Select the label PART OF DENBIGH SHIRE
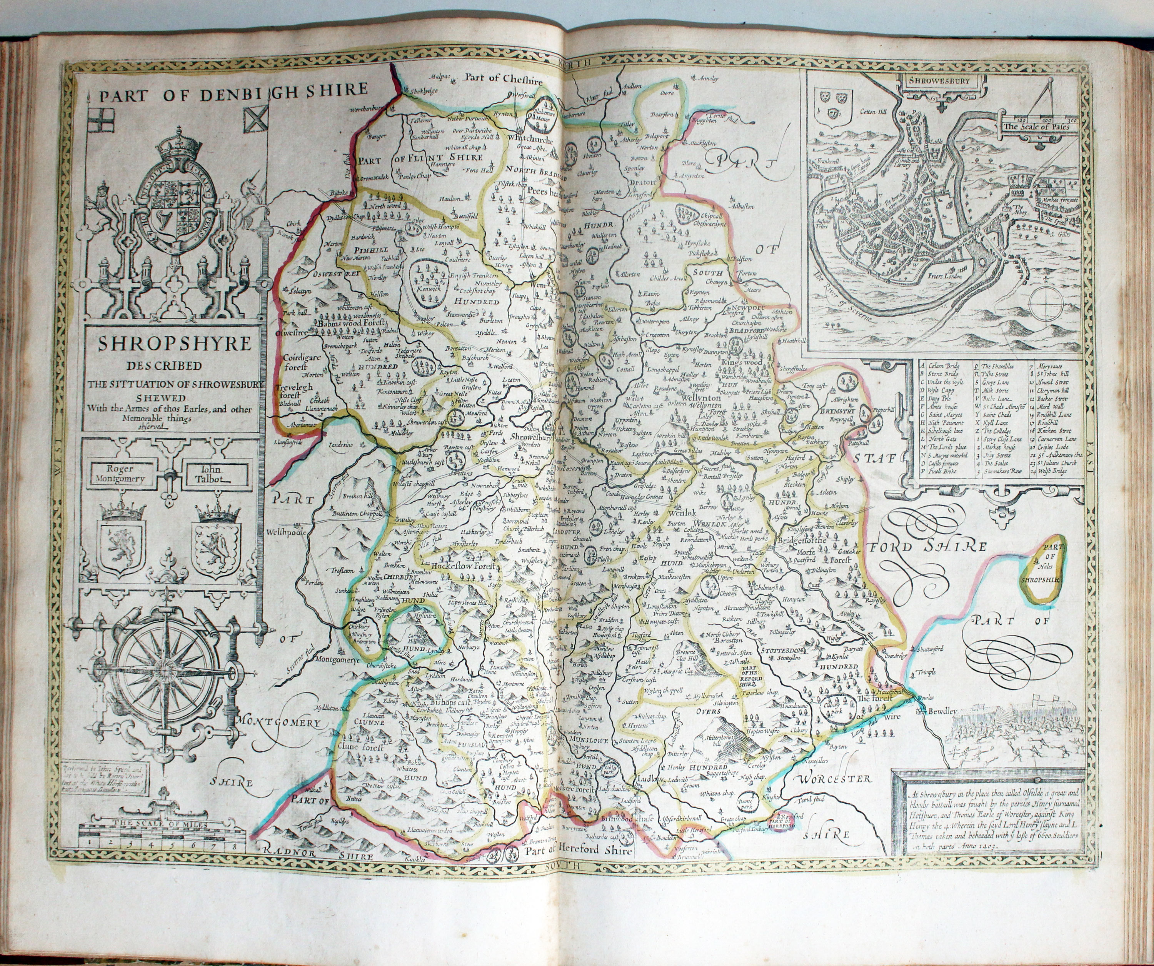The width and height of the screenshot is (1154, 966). pyautogui.click(x=233, y=93)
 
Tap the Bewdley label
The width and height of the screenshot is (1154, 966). pyautogui.click(x=943, y=712)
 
